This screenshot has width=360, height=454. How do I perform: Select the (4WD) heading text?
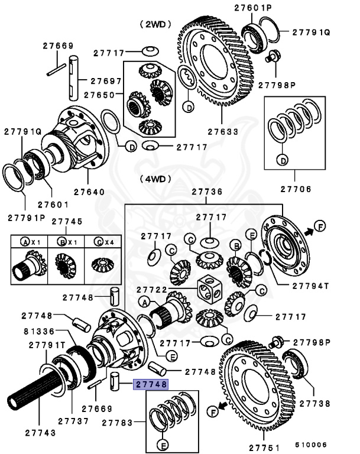[155, 179]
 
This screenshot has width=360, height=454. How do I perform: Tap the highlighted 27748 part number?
[151, 384]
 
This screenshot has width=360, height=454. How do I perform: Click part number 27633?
[219, 132]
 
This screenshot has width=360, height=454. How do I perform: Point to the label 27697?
[106, 81]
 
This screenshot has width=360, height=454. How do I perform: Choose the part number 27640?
[89, 192]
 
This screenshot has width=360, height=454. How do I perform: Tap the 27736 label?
[207, 192]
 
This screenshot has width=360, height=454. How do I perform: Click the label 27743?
[41, 433]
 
